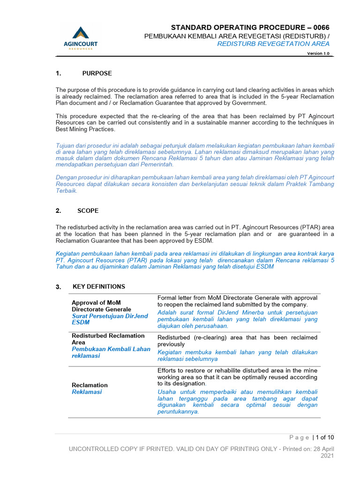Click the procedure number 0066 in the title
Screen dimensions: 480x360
coord(321,28)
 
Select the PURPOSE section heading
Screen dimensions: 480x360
coord(97,74)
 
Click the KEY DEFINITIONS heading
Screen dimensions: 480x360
coord(99,286)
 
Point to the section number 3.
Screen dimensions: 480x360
coord(58,287)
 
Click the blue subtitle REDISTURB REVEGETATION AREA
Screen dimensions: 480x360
coord(273,44)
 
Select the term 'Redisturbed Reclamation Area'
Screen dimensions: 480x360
coord(108,339)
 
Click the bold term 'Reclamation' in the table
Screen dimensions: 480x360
coord(90,385)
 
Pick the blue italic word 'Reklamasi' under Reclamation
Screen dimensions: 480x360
coord(87,392)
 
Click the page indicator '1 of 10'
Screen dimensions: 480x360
coord(325,438)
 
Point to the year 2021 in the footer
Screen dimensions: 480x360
coord(327,456)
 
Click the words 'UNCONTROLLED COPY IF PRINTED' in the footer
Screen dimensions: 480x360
coord(123,449)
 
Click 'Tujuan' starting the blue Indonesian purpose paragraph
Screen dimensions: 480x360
coord(66,146)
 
